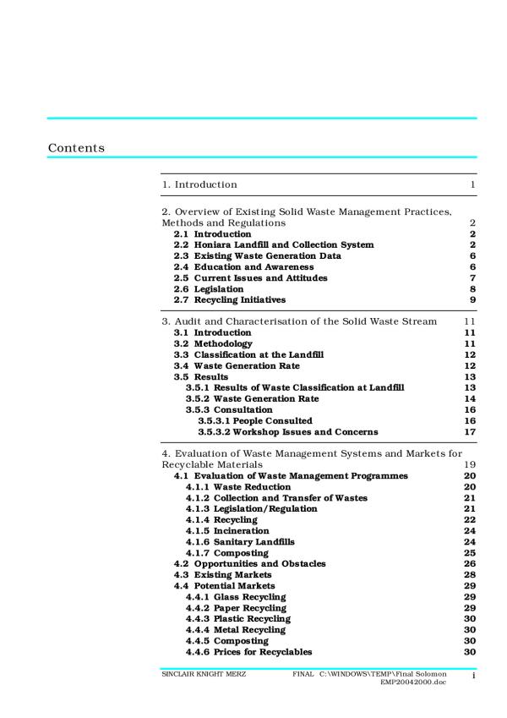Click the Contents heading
tap(76, 148)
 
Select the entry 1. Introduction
tap(199, 184)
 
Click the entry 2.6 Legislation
tap(209, 288)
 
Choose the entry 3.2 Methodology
tap(213, 344)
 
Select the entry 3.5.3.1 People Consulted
tap(255, 420)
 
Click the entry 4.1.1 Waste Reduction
tap(238, 487)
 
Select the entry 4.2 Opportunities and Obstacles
tap(249, 563)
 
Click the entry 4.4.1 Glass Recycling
tap(236, 596)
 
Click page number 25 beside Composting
tap(471, 552)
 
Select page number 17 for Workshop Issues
tap(471, 431)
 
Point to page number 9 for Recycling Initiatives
tap(473, 299)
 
